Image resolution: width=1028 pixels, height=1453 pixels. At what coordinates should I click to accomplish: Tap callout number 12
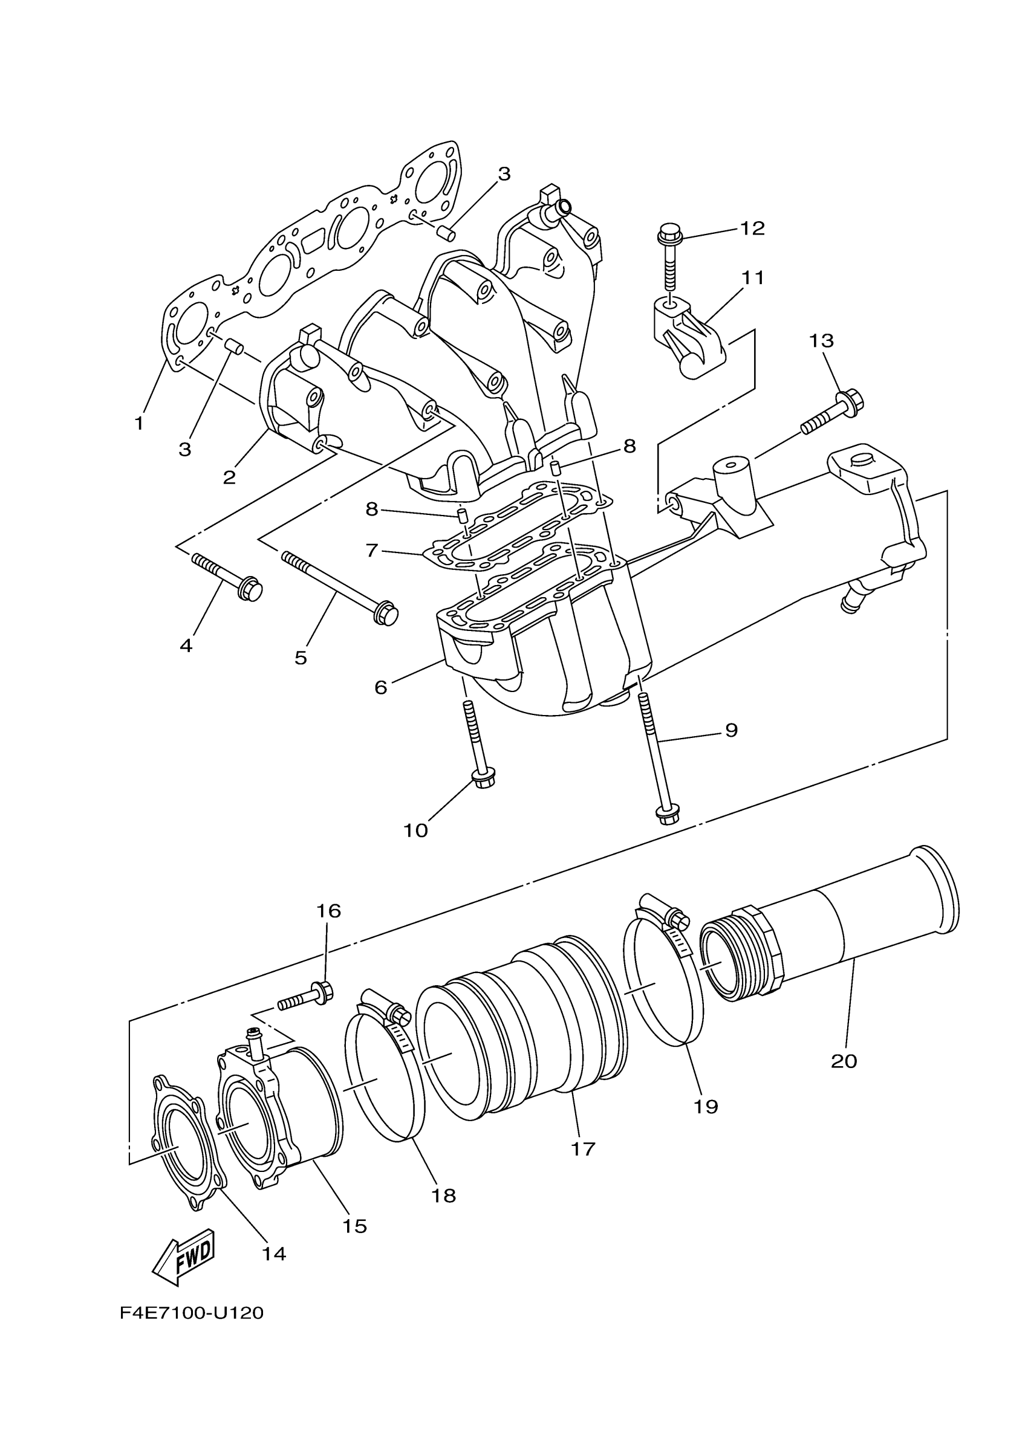753,228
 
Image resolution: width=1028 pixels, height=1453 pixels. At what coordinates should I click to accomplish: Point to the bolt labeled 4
227,575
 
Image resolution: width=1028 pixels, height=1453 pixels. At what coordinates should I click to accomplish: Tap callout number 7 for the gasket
371,551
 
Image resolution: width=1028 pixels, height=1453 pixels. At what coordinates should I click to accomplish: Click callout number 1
139,423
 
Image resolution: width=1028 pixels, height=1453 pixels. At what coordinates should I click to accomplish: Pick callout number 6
380,687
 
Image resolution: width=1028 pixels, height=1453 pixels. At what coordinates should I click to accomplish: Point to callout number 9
731,730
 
